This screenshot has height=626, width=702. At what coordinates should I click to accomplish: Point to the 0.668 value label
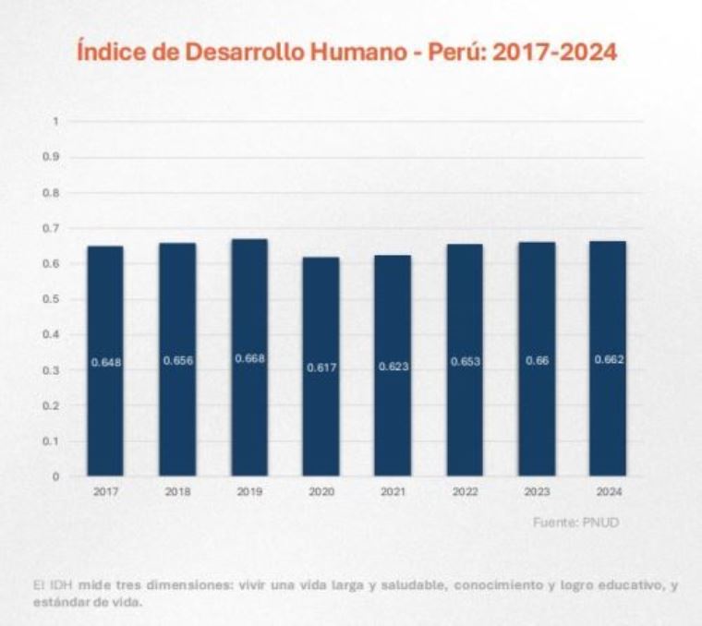(249, 358)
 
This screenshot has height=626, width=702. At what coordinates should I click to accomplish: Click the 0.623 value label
(393, 367)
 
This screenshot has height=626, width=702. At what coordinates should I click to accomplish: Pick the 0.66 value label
(537, 361)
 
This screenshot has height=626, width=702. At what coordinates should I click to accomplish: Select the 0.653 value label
(465, 362)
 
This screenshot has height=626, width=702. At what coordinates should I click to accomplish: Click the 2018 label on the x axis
(177, 492)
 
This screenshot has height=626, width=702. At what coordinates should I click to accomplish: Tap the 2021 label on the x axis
(393, 492)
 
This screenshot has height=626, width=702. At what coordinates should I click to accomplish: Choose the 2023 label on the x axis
(537, 492)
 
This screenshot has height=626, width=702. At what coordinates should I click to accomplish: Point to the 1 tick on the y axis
(55, 121)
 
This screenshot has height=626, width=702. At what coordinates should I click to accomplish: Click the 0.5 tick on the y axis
(54, 299)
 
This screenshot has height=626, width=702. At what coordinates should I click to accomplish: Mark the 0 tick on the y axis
(55, 476)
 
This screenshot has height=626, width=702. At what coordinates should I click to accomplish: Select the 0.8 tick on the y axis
(54, 192)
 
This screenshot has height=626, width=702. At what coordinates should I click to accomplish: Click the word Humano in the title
(348, 53)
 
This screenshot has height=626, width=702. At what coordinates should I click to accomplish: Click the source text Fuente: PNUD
(575, 523)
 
